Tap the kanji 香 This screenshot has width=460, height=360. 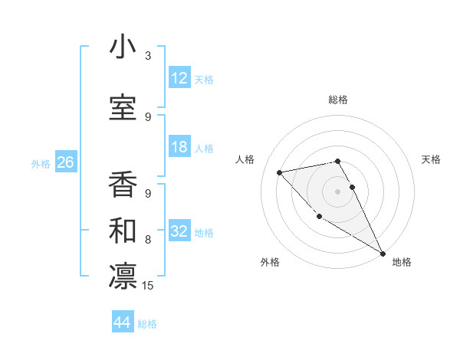pyautogui.click(x=123, y=182)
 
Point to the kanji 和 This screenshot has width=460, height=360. pyautogui.click(x=123, y=228)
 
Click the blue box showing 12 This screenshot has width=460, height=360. pyautogui.click(x=179, y=78)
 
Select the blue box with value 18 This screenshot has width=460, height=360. pyautogui.click(x=179, y=147)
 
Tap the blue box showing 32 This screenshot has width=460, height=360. pyautogui.click(x=179, y=231)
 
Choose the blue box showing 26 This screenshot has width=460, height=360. pyautogui.click(x=65, y=162)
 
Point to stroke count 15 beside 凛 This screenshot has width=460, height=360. pyautogui.click(x=148, y=286)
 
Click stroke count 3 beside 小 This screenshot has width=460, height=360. pyautogui.click(x=148, y=55)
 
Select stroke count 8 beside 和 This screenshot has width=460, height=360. pyautogui.click(x=148, y=240)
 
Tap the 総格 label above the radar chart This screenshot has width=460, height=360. pyautogui.click(x=338, y=100)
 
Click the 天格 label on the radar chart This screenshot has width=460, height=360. pyautogui.click(x=432, y=159)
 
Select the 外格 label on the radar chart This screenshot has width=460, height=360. pyautogui.click(x=270, y=262)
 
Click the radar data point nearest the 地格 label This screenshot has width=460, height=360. pyautogui.click(x=383, y=254)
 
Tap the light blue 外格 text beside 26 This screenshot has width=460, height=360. pyautogui.click(x=41, y=163)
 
